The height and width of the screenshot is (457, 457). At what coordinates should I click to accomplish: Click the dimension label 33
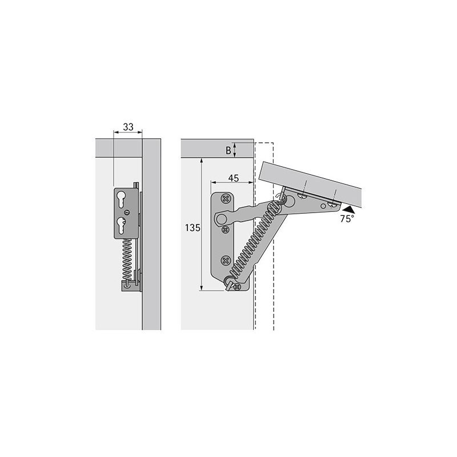coord(128,127)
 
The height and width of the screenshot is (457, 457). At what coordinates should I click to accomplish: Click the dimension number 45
coord(234,178)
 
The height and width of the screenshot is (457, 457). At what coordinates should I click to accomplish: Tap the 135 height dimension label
coord(193,227)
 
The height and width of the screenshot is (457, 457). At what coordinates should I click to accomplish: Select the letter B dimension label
coord(228,150)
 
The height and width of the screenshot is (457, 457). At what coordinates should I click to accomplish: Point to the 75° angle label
coord(347,219)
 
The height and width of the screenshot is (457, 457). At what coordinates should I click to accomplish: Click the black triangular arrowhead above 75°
coord(349,209)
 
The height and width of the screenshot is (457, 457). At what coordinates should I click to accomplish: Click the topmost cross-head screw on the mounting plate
coord(226,199)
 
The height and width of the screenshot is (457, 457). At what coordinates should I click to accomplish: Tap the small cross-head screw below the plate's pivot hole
coord(225,230)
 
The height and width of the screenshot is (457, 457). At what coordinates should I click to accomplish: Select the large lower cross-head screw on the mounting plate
coord(226,260)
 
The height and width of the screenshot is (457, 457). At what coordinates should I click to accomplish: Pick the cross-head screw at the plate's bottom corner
coord(237,287)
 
